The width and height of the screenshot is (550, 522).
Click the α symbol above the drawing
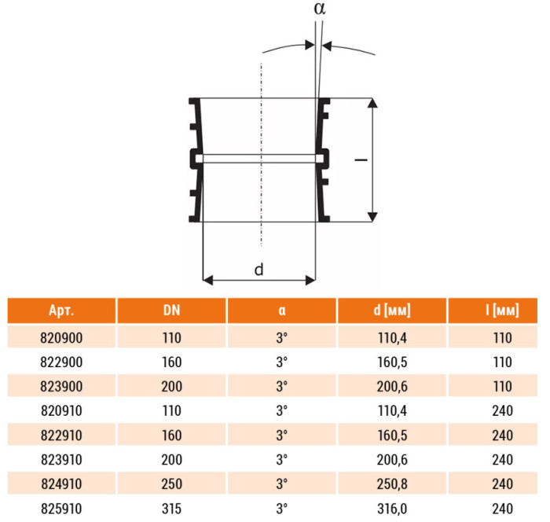(x=320, y=9)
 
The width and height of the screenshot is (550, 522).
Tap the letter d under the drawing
(x=258, y=270)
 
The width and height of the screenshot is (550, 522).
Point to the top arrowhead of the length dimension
(x=373, y=103)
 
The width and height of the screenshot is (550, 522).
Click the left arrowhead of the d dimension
(x=208, y=281)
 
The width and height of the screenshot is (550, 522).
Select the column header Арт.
(x=61, y=311)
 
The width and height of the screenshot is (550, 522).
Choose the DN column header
(x=171, y=311)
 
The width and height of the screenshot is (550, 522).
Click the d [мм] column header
(x=392, y=311)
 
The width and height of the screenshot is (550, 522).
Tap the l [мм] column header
(x=502, y=311)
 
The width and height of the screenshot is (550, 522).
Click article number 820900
(x=61, y=338)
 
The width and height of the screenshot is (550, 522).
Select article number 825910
(x=61, y=509)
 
